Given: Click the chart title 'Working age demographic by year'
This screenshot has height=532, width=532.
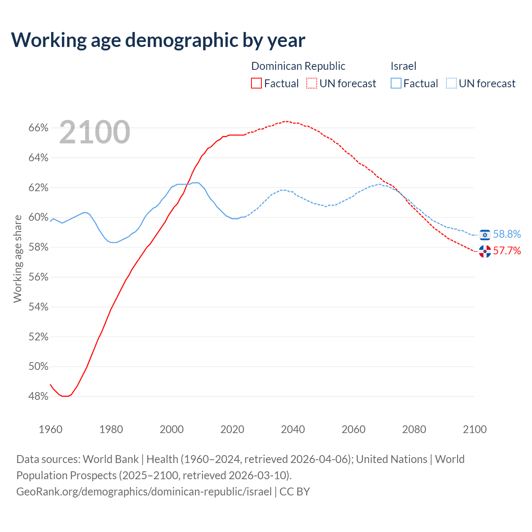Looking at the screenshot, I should point(158,40).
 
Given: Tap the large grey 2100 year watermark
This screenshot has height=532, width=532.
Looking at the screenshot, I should point(95,132).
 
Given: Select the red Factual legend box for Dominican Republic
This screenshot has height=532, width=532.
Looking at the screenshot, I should point(256,84).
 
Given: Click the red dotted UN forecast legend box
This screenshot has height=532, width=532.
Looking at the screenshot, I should point(312,84).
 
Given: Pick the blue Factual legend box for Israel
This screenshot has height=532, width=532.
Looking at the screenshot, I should point(396,84).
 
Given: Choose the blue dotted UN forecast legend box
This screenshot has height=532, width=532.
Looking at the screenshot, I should point(451,84).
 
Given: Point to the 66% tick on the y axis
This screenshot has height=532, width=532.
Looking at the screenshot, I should point(38,128).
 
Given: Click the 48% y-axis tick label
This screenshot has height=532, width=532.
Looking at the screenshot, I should point(38,397).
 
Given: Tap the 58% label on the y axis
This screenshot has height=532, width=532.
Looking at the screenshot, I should point(38,247).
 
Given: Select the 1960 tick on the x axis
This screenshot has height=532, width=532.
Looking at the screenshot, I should point(50,429).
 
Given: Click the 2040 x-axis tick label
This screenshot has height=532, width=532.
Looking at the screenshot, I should point(293,429).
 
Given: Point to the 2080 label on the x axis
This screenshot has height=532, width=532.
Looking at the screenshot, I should point(414,429).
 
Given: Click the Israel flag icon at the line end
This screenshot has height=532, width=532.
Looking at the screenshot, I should point(485,235).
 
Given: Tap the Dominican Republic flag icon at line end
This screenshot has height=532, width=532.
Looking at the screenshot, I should point(485,251).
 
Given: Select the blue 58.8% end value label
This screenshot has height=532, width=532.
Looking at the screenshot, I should point(507,234).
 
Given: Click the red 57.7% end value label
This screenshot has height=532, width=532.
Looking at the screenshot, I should point(507,251).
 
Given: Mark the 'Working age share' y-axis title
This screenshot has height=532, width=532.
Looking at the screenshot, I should point(17,259).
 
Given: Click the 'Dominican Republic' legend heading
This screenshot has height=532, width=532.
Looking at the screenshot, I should point(298,66).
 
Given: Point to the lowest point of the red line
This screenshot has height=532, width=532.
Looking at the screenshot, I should point(65,396).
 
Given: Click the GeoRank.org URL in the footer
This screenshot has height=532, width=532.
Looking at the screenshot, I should point(144,491).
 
